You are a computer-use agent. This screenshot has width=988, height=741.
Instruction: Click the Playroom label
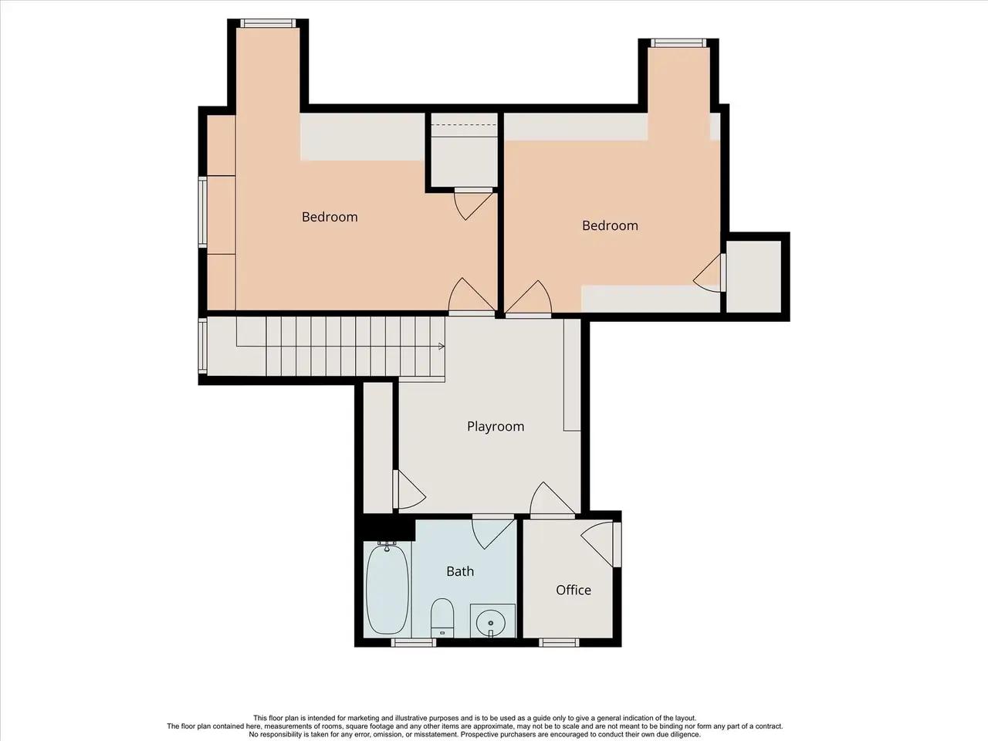click(496, 427)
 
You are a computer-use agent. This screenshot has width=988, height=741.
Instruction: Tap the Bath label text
click(460, 571)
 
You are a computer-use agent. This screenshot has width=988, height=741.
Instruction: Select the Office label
click(574, 590)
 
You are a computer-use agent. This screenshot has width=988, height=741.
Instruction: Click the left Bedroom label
click(330, 217)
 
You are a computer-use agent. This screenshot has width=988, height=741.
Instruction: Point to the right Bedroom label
click(610, 225)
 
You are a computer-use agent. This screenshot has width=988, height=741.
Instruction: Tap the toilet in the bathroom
click(442, 617)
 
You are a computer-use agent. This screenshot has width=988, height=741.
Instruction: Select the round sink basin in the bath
click(491, 623)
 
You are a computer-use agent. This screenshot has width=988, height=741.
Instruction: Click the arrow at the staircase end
click(442, 347)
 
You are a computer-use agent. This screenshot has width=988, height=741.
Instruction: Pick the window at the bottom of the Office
click(559, 642)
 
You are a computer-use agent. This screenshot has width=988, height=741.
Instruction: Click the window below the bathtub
click(414, 642)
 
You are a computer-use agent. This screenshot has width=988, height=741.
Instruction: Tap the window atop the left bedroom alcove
click(268, 23)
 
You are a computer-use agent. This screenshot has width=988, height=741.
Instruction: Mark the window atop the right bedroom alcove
click(678, 42)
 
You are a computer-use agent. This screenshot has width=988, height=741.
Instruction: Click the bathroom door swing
click(493, 533)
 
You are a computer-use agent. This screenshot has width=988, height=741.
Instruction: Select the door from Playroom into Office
click(553, 499)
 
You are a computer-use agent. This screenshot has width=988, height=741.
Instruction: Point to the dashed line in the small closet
click(464, 124)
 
